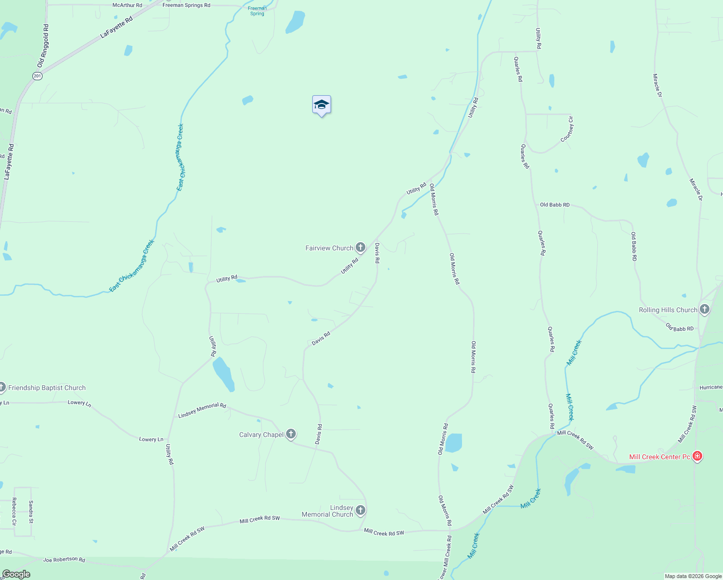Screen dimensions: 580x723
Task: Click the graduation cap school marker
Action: [x=321, y=105]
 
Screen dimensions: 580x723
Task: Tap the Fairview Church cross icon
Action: [x=360, y=248]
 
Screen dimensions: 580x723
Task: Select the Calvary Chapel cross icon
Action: [x=290, y=434]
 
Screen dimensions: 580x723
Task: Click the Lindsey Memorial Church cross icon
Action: [x=361, y=510]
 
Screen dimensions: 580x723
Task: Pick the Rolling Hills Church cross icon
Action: [x=704, y=309]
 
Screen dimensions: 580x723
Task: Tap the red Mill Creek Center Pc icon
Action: [x=697, y=456]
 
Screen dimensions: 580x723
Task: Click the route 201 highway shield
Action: [x=37, y=76]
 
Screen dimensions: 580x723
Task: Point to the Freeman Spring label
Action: [x=257, y=11]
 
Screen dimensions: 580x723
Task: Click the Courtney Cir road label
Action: [x=567, y=130]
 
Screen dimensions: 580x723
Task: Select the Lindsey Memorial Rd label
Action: [x=202, y=410]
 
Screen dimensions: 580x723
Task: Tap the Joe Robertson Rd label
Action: [x=64, y=560]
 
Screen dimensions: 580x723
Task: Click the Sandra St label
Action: [x=31, y=512]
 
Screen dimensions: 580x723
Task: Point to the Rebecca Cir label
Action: [x=14, y=512]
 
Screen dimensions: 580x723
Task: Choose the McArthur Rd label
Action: [x=127, y=5]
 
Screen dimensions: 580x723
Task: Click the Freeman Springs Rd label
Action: [x=186, y=5]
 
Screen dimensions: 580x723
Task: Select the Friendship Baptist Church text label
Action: [x=47, y=388]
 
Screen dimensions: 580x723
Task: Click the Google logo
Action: [x=16, y=574]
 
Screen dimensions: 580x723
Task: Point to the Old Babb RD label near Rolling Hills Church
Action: [x=680, y=328]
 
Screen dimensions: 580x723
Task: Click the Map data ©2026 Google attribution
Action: [x=693, y=576]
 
